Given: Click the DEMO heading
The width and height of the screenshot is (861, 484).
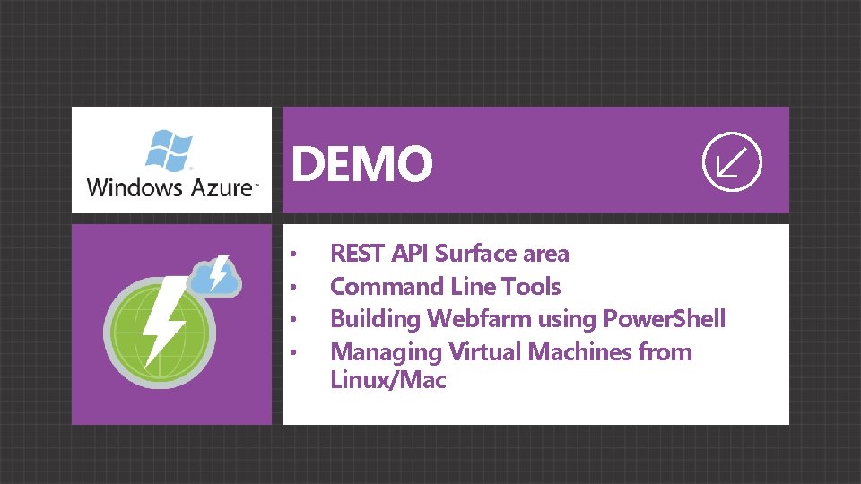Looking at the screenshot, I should click(361, 164).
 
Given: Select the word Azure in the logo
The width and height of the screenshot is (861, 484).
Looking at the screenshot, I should click(222, 188).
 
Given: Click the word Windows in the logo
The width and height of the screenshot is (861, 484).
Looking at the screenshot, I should click(133, 188).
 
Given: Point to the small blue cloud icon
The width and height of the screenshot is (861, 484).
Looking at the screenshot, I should click(215, 275).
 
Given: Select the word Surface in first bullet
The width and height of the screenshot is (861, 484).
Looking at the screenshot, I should click(475, 254).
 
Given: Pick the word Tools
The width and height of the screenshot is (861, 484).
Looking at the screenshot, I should click(531, 287).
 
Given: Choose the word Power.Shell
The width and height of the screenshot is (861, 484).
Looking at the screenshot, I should click(665, 319).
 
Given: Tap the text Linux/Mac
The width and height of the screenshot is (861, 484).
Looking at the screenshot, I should click(388, 380).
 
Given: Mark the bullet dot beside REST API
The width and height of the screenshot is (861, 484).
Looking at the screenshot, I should click(293, 255).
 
